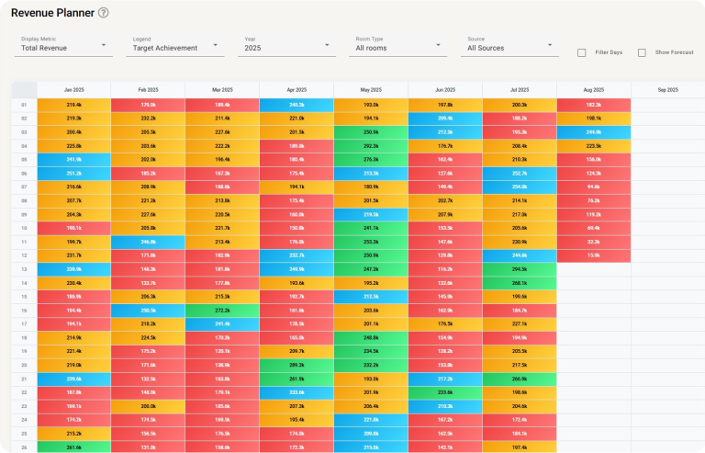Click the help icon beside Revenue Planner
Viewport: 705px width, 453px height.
[103, 13]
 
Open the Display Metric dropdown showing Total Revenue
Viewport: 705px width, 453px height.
[65, 48]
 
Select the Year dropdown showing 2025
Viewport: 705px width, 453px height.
[287, 48]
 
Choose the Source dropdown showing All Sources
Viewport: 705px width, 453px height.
[510, 48]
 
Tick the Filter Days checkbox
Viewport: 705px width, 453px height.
[582, 52]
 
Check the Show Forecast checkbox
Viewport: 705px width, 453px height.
[642, 52]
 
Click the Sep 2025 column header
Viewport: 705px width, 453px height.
[667, 90]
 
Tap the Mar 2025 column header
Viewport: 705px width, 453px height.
[222, 90]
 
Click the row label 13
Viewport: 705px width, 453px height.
[24, 269]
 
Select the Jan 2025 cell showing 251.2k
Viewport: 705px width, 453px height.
[73, 173]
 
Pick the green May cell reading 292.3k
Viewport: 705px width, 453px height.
[371, 145]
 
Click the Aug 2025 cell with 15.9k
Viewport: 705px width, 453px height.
[593, 255]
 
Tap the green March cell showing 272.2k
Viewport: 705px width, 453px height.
[222, 311]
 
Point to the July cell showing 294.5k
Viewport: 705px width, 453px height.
[519, 269]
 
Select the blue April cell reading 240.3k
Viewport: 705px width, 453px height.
[297, 105]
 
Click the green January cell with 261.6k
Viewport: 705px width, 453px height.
[73, 447]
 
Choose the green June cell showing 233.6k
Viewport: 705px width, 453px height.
[445, 392]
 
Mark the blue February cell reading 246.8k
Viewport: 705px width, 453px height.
[148, 242]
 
